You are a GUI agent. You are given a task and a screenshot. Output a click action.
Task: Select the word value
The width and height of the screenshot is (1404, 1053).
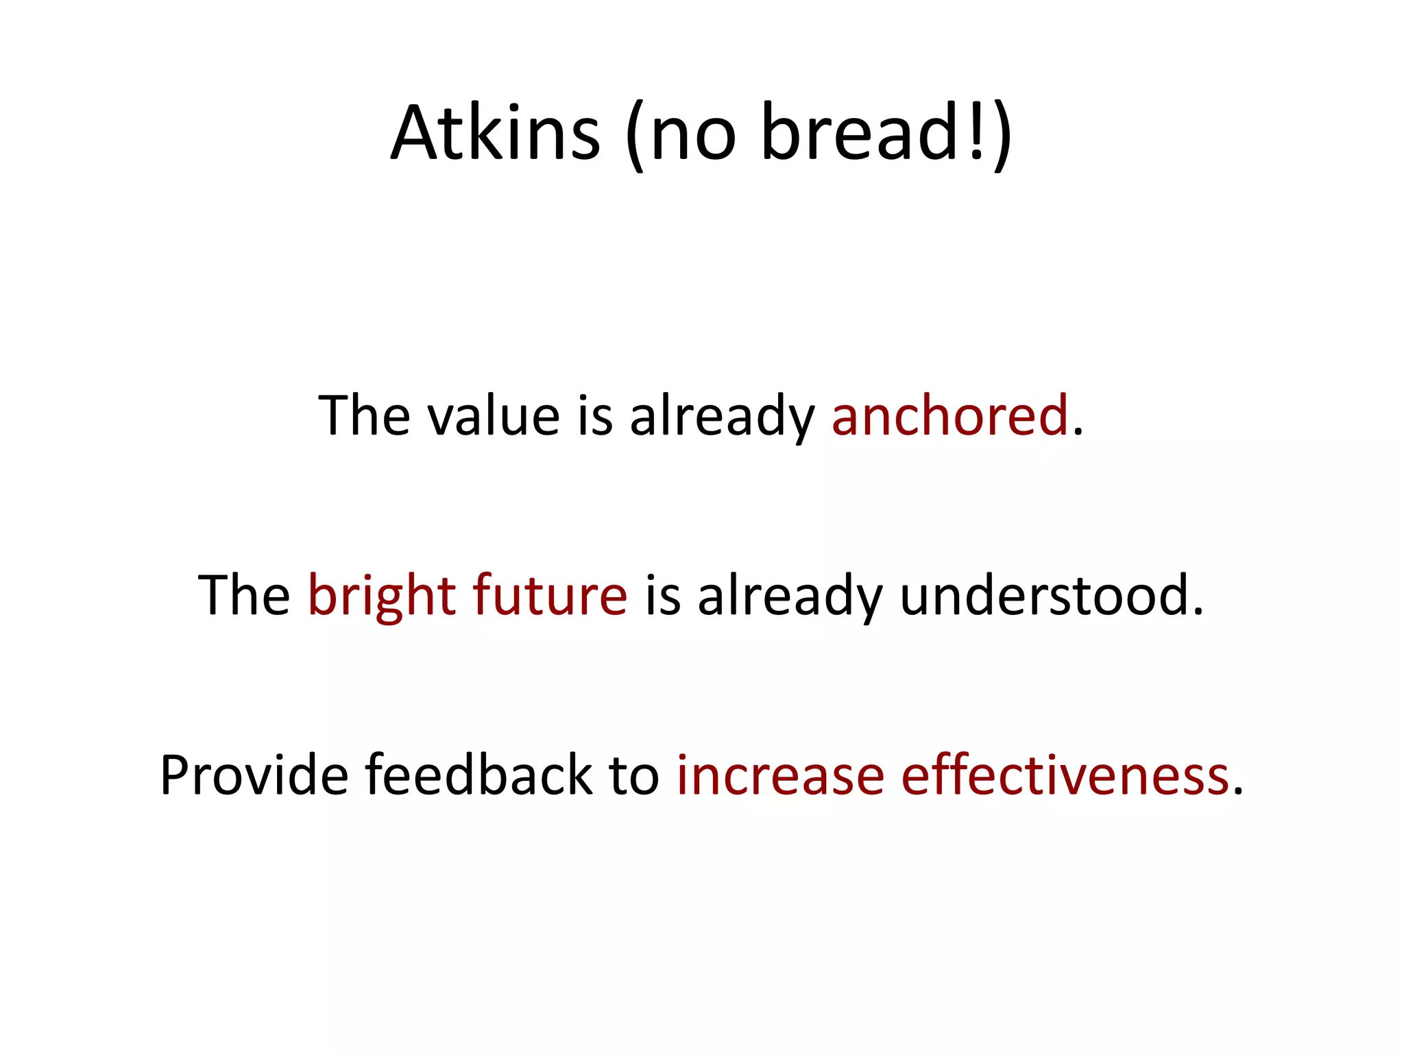point(494,416)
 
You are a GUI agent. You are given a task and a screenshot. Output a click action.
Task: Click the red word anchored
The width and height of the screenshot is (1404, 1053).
point(949,416)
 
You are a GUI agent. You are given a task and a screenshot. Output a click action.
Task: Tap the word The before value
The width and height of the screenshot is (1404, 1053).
point(365,416)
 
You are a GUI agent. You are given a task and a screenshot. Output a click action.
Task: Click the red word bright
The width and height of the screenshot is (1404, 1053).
point(382,596)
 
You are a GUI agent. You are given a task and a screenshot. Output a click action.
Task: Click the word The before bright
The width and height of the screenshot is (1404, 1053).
point(244,596)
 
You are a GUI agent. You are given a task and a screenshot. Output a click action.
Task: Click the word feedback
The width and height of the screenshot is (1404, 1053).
point(479,775)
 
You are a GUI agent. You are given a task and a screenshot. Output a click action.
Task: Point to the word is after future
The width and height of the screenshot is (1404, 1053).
point(662,596)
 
